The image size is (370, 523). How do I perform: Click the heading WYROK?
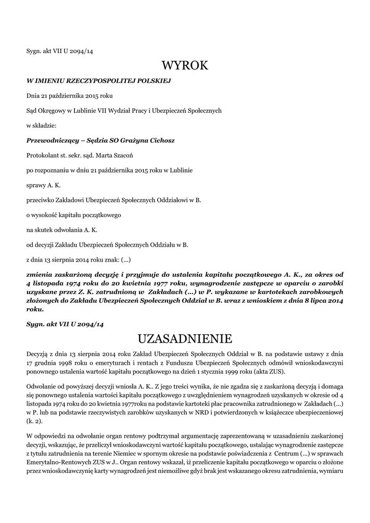[185, 65]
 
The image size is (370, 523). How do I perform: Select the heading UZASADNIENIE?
[185, 339]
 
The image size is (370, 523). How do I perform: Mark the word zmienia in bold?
[40, 274]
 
